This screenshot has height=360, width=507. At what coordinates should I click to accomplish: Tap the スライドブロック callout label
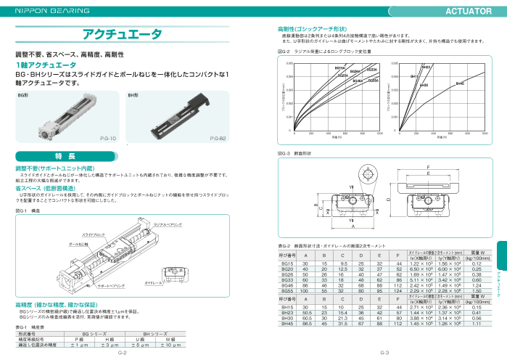point(94,234)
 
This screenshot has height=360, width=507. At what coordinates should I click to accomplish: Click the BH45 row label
point(287,323)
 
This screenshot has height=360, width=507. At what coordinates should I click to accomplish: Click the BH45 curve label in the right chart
point(459,84)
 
